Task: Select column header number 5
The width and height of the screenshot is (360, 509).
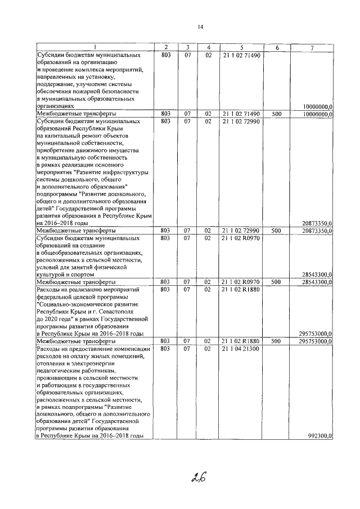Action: point(241,47)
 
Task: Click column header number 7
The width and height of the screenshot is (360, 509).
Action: point(312,47)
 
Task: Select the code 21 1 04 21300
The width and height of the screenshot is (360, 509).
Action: point(241,349)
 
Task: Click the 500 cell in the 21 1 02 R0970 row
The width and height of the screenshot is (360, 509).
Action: point(276,282)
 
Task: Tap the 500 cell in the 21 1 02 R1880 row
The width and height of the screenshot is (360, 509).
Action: point(276,341)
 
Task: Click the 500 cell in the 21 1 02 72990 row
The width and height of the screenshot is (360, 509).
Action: point(276,231)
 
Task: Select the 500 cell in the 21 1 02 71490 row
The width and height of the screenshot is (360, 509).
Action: point(276,113)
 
